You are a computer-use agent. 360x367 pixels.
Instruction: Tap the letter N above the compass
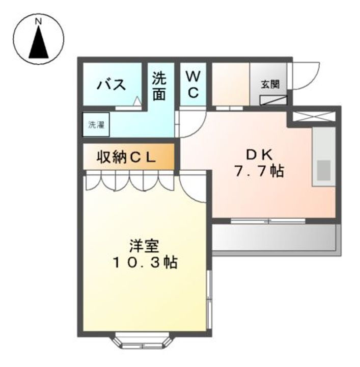[38, 21]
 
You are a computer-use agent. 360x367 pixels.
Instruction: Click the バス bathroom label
[112, 84]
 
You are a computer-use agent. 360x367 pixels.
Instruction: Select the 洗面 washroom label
[159, 86]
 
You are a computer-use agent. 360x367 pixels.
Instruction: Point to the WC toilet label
[192, 85]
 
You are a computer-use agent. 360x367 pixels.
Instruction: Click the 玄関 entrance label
[270, 85]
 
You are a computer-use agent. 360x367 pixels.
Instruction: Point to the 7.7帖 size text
[259, 172]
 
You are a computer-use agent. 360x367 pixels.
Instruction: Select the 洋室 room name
[145, 246]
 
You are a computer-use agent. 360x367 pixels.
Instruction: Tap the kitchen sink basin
[323, 170]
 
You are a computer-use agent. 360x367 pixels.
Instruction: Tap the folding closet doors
[130, 181]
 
